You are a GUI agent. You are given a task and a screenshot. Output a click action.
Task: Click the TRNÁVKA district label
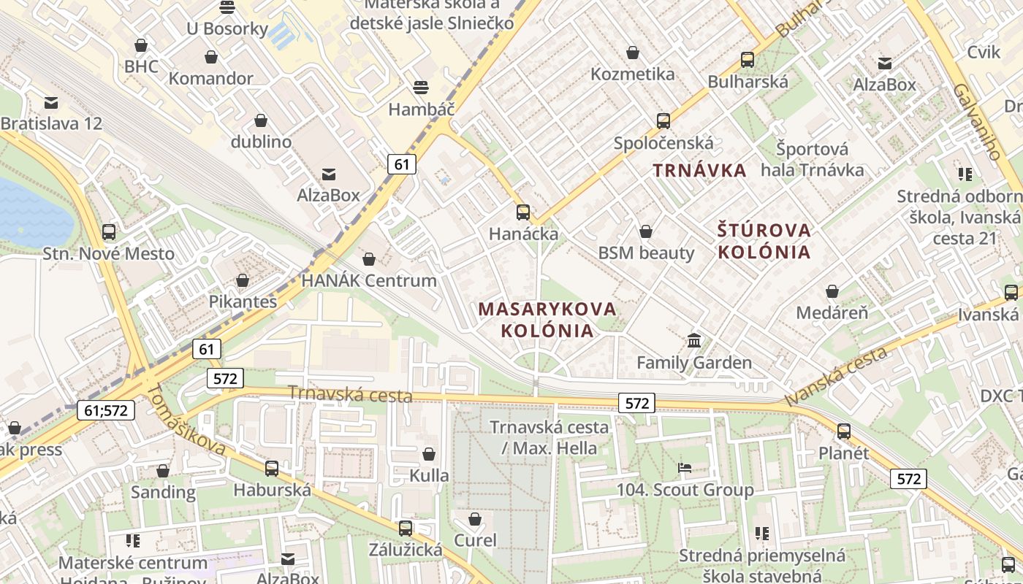tap(699, 171)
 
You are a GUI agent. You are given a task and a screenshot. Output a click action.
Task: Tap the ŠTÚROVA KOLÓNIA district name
tap(764, 241)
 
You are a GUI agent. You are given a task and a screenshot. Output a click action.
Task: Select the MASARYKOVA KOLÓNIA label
tap(547, 319)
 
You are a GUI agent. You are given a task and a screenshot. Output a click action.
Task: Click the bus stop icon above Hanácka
tap(523, 212)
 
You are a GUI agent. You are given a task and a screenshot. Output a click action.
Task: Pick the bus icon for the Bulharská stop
tap(748, 60)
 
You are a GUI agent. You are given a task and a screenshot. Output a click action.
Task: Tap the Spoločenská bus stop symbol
tap(663, 121)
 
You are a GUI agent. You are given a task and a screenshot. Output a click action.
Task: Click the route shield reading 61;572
tap(106, 410)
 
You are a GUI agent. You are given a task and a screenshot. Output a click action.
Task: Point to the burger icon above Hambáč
tap(421, 88)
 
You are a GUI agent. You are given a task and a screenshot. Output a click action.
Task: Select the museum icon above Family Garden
tap(693, 340)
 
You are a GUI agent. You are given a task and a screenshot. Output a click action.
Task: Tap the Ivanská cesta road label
tap(837, 376)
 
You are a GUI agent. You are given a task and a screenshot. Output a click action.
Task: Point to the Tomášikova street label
tap(186, 421)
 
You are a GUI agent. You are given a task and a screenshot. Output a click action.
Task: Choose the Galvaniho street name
tap(976, 120)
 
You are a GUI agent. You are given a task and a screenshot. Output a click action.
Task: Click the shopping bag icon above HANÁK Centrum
tap(369, 259)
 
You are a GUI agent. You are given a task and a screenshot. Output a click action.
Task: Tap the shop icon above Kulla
tap(429, 454)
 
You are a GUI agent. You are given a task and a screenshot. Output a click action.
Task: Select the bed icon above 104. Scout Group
tap(685, 468)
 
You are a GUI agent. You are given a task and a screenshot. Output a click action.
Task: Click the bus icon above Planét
tap(844, 431)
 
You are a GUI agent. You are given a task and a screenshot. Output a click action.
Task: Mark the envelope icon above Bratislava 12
tap(51, 102)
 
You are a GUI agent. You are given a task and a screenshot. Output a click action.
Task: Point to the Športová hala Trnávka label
tap(812, 160)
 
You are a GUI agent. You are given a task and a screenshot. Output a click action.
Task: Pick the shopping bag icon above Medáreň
tap(832, 291)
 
